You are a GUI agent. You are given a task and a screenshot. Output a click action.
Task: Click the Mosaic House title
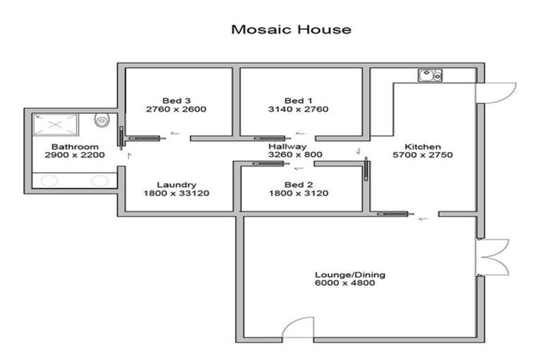tap(291, 30)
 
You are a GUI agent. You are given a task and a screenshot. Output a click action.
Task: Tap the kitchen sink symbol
tap(430, 75)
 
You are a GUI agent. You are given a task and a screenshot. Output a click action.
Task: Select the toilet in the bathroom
tap(102, 120)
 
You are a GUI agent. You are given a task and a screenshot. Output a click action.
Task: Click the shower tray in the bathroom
tap(56, 124)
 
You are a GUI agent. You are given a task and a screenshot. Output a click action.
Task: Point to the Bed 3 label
tap(176, 101)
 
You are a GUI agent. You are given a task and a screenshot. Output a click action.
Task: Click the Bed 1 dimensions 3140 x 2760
tap(298, 109)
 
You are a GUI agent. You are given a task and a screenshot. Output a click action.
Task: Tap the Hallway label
tap(288, 146)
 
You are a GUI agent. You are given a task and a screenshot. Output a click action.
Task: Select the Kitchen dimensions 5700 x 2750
tap(423, 155)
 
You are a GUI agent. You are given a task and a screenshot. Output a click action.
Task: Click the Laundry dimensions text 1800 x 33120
tap(176, 193)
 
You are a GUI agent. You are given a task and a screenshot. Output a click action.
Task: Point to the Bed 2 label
tap(299, 185)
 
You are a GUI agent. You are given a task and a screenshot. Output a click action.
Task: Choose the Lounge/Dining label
tap(350, 275)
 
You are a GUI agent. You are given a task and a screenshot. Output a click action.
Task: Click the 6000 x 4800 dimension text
tap(345, 283)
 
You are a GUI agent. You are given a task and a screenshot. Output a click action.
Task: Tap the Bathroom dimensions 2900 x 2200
tap(75, 155)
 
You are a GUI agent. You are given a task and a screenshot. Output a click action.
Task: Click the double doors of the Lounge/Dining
tap(493, 257)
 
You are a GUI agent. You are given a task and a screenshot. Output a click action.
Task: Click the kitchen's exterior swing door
tap(496, 93)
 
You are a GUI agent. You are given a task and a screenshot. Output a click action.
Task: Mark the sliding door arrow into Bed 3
tap(175, 133)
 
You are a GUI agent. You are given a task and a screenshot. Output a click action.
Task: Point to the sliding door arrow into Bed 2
tap(298, 168)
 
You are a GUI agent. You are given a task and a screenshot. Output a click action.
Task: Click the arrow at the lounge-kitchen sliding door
tap(423, 219)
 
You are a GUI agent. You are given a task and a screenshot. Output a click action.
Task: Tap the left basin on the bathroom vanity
tap(50, 181)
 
